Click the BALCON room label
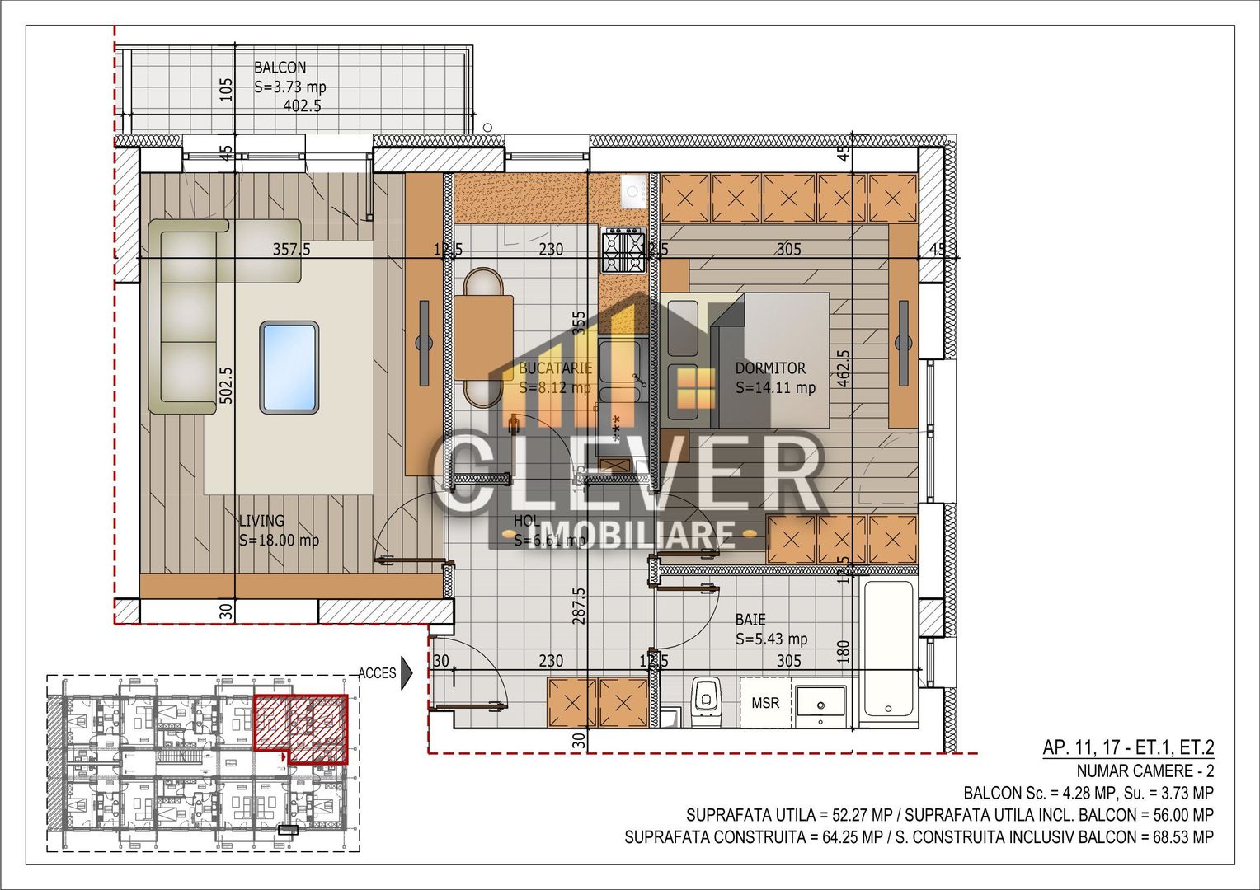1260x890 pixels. tap(280, 68)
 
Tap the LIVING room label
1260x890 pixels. tap(261, 521)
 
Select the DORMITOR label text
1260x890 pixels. tap(770, 368)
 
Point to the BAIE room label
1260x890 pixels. tap(750, 620)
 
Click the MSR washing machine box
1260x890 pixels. tap(765, 703)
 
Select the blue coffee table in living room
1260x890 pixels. tap(289, 367)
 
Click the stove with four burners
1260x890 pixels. tap(623, 251)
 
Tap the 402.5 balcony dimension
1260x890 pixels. tap(302, 105)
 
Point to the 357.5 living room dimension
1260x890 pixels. tap(292, 249)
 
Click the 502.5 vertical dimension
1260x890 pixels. tap(227, 385)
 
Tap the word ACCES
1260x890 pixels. tap(377, 673)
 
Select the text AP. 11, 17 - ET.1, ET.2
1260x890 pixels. tap(1128, 748)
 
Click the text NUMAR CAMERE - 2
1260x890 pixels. tap(1145, 771)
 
